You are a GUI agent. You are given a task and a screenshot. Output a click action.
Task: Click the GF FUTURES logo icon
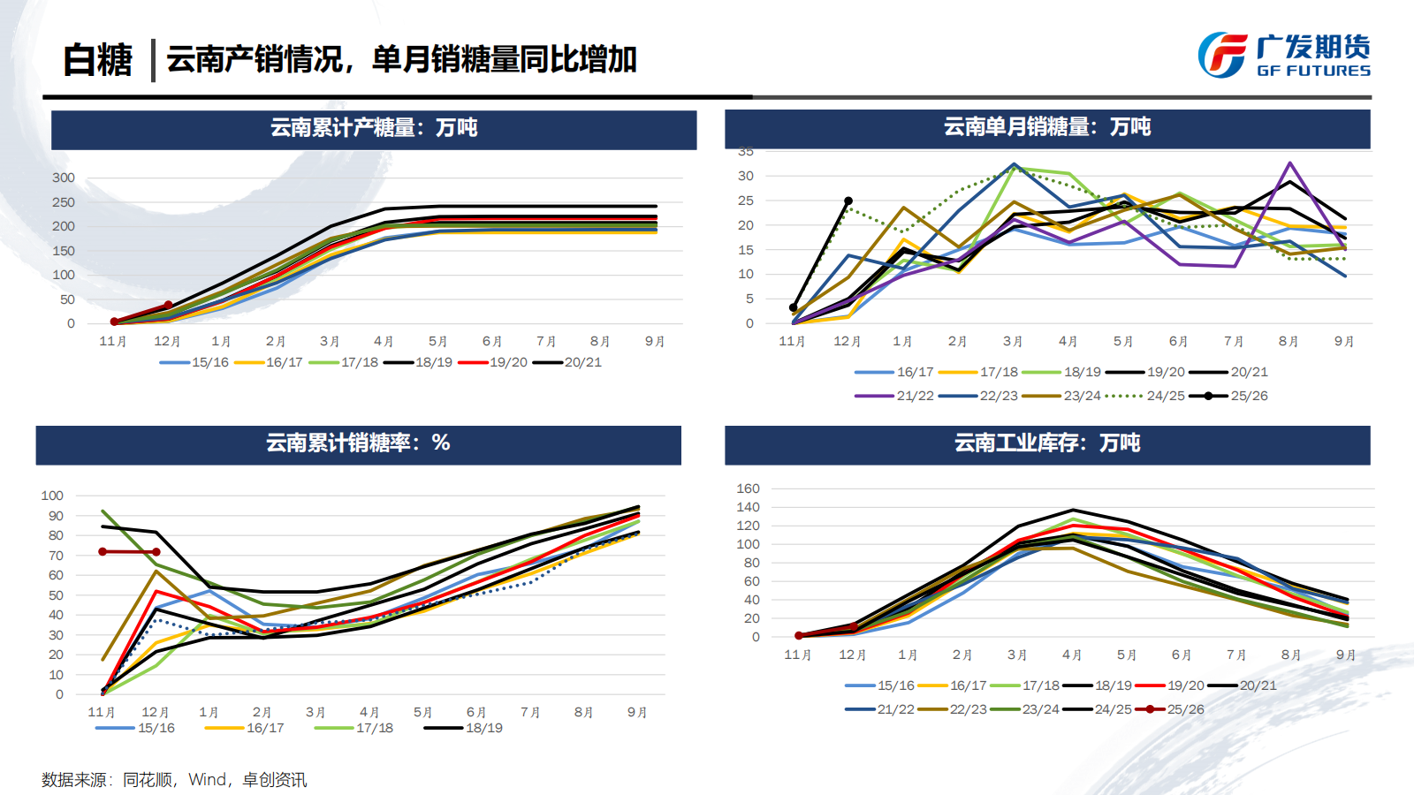pyautogui.click(x=1222, y=55)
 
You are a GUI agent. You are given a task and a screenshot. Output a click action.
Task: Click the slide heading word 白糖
pyautogui.click(x=97, y=60)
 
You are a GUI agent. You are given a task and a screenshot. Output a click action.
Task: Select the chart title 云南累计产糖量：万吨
pyautogui.click(x=373, y=128)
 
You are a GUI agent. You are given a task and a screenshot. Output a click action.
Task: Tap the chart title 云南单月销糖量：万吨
pyautogui.click(x=1046, y=127)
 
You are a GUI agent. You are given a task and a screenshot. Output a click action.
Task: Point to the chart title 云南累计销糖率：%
pyautogui.click(x=358, y=443)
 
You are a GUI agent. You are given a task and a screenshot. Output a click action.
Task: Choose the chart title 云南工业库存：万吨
pyautogui.click(x=1046, y=443)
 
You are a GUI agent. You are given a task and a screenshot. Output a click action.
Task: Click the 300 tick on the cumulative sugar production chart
pyautogui.click(x=64, y=178)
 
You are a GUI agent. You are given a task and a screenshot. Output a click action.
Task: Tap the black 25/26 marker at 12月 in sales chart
pyautogui.click(x=848, y=201)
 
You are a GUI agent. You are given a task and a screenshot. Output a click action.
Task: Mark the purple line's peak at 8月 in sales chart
pyautogui.click(x=1290, y=163)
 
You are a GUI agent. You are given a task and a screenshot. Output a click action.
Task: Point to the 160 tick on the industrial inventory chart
pyautogui.click(x=748, y=488)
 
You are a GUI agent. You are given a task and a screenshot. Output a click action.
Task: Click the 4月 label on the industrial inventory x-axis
pyautogui.click(x=1072, y=655)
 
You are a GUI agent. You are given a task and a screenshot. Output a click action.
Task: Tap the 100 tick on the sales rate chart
pyautogui.click(x=52, y=496)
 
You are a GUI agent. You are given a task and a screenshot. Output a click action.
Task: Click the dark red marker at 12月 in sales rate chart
pyautogui.click(x=156, y=552)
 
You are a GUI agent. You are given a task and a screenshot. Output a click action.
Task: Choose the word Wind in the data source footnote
pyautogui.click(x=208, y=780)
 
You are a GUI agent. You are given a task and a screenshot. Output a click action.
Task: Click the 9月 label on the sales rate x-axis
pyautogui.click(x=637, y=712)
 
